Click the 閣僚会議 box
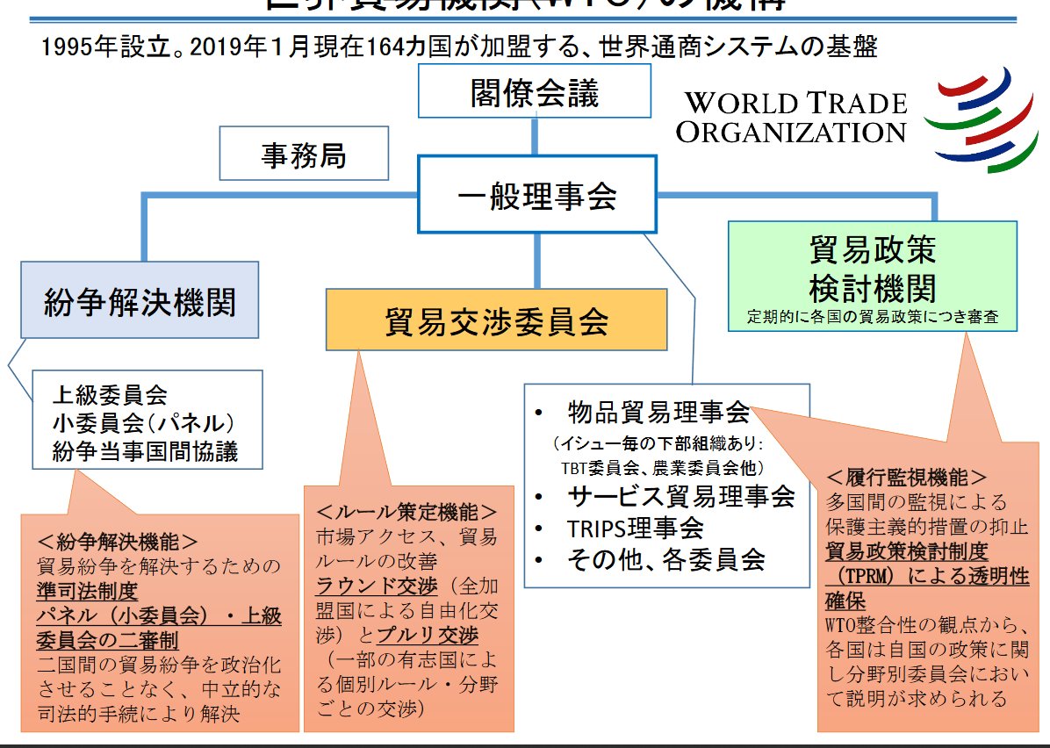pos(534,92)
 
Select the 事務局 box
pos(304,156)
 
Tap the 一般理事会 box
pos(536,195)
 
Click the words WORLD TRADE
pos(795,103)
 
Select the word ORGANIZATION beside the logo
pos(791,133)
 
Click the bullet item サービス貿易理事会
pos(680,496)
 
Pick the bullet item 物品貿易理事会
pos(658,411)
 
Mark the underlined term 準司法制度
pos(87,590)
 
